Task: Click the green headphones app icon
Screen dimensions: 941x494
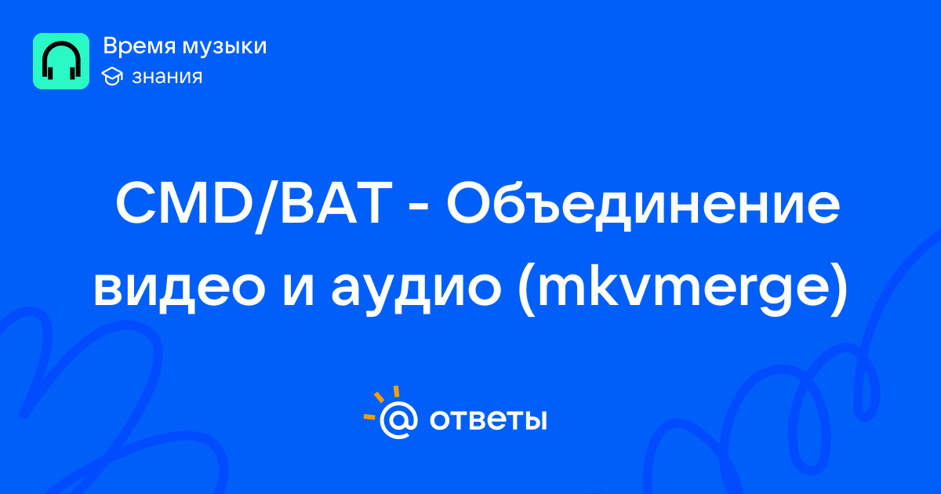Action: click(61, 61)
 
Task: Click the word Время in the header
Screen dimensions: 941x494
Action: click(139, 46)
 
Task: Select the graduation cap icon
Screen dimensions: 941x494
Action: click(112, 77)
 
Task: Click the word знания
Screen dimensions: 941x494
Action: click(167, 78)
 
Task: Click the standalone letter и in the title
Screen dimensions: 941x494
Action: click(299, 289)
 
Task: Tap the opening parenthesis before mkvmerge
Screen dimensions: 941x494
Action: click(527, 290)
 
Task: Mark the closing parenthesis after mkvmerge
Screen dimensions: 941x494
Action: click(837, 290)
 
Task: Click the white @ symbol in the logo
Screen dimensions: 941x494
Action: click(398, 420)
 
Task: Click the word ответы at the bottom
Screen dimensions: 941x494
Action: click(488, 420)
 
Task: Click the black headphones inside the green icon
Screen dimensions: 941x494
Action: click(61, 60)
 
